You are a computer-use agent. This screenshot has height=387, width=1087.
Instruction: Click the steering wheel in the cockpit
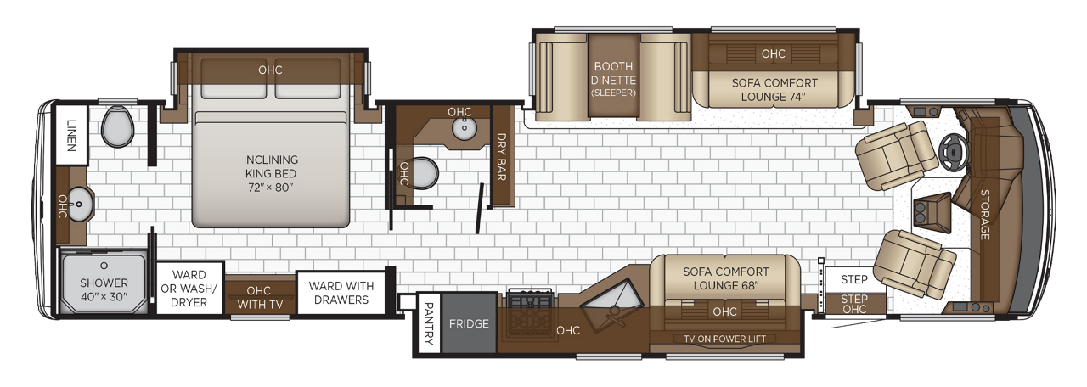(x=952, y=152)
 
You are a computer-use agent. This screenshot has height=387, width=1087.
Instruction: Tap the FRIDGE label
(x=469, y=323)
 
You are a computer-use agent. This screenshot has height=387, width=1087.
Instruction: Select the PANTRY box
(x=429, y=323)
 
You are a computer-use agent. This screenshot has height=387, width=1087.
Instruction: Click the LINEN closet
(x=72, y=135)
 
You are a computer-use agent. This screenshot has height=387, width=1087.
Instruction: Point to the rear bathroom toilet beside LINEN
(x=117, y=126)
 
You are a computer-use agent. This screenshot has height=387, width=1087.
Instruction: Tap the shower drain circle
(x=104, y=266)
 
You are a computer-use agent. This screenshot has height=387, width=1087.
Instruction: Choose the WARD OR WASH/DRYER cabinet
(x=189, y=289)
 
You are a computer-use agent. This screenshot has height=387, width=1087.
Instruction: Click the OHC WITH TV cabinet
(x=259, y=296)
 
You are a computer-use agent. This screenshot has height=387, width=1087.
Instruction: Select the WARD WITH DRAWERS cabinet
(x=341, y=293)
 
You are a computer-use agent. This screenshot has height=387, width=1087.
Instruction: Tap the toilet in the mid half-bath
(x=424, y=173)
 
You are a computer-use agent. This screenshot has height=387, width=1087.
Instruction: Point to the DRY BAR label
(x=502, y=157)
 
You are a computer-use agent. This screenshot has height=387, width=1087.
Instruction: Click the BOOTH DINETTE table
(x=613, y=76)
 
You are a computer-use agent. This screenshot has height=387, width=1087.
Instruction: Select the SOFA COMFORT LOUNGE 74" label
(x=774, y=90)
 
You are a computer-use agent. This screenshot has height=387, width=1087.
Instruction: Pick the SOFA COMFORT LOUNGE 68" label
(x=726, y=278)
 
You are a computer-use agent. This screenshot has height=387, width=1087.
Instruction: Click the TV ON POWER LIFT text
(x=725, y=339)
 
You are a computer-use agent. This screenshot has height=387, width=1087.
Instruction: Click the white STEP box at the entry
(x=854, y=279)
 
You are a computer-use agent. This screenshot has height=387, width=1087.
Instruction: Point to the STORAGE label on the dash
(x=984, y=215)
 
